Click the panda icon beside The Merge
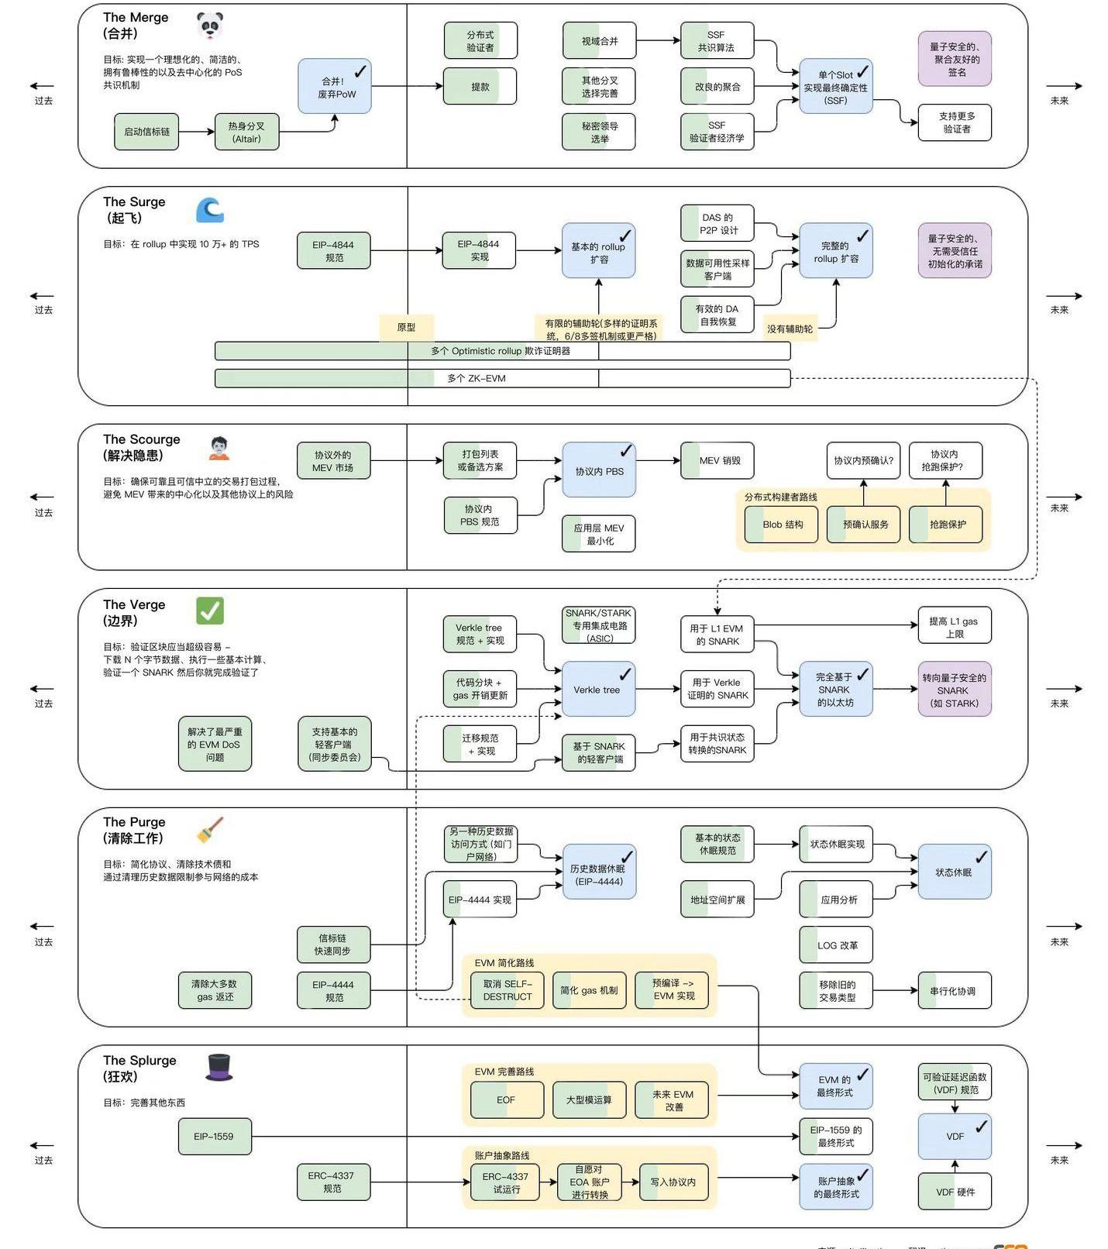(x=209, y=26)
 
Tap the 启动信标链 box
(x=146, y=132)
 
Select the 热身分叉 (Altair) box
(x=246, y=132)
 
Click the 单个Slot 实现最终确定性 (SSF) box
(x=835, y=87)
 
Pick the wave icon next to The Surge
(x=209, y=210)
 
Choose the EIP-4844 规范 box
(x=334, y=251)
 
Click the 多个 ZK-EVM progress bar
(x=502, y=378)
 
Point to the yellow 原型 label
(x=406, y=327)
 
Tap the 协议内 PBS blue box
(x=599, y=470)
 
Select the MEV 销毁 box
(x=717, y=460)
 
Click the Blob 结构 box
(x=781, y=525)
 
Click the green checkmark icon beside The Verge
(x=209, y=611)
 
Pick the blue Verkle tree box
(x=598, y=690)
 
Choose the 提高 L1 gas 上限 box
(x=954, y=627)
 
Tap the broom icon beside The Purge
(x=209, y=829)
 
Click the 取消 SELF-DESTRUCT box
(x=508, y=990)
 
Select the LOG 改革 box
(x=835, y=945)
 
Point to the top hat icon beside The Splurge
(x=219, y=1067)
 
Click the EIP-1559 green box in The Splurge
(x=215, y=1137)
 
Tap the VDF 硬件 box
(x=955, y=1192)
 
